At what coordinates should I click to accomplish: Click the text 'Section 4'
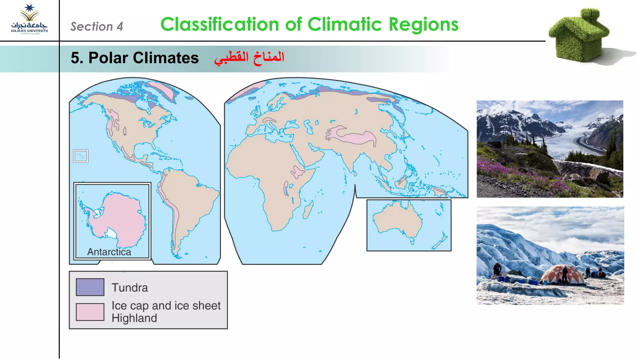click(x=96, y=27)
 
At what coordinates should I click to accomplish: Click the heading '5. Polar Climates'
click(x=134, y=58)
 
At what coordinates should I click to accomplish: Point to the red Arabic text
click(x=249, y=58)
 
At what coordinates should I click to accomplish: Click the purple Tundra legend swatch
click(x=90, y=287)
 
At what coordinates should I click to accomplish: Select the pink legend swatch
click(x=90, y=312)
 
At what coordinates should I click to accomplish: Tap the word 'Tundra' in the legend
click(x=130, y=288)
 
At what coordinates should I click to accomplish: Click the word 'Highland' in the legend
click(x=134, y=318)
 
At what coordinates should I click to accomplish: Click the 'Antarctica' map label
click(x=109, y=252)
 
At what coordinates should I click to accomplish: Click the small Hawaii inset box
click(x=81, y=156)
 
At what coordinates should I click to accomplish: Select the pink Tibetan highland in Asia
click(x=358, y=137)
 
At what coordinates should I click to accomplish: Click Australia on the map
click(x=397, y=219)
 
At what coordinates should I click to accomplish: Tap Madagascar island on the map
click(x=308, y=210)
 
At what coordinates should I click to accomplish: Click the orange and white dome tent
click(x=563, y=275)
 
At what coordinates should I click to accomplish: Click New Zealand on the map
click(x=440, y=242)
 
